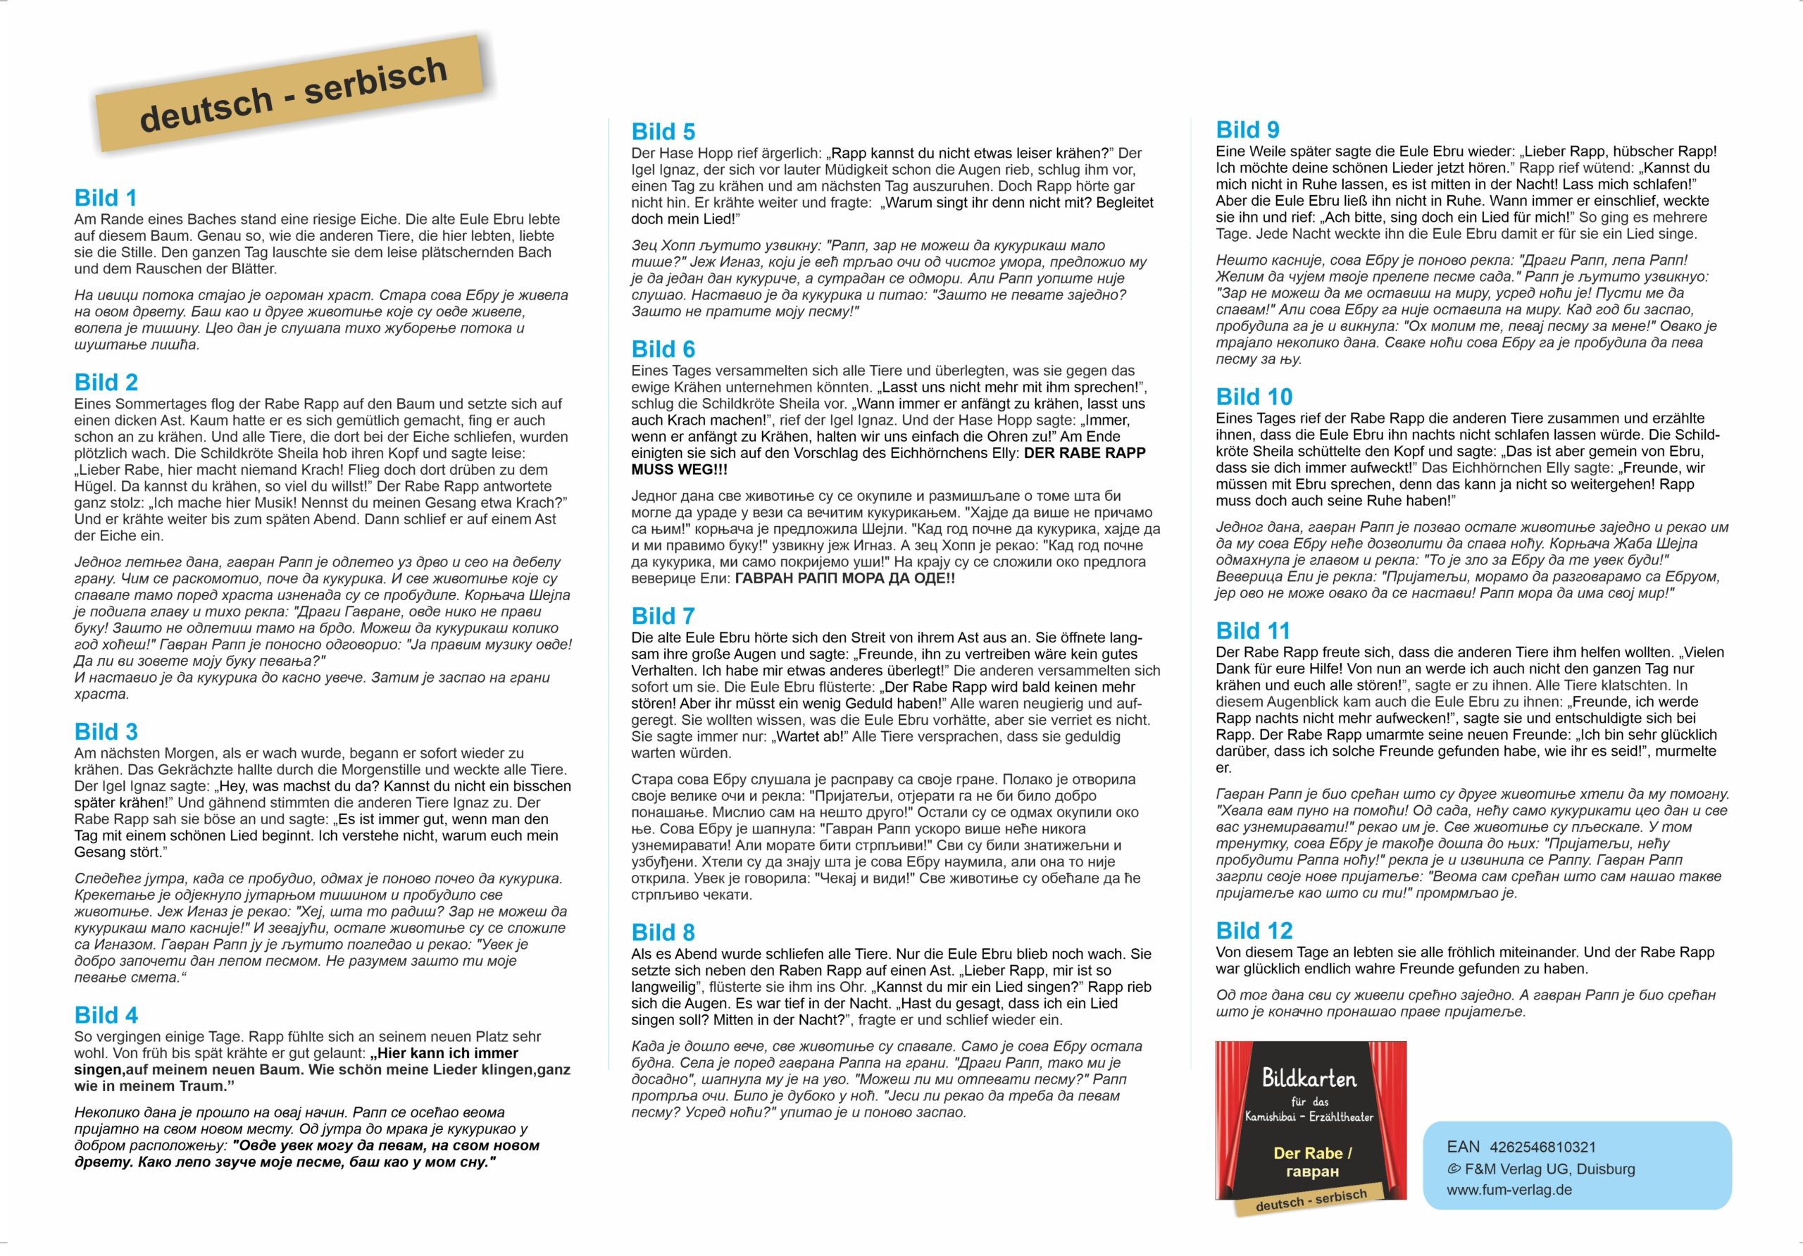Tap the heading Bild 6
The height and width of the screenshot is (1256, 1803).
click(663, 349)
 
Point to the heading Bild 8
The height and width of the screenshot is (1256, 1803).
click(663, 933)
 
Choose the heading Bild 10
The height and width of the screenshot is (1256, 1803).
click(1254, 397)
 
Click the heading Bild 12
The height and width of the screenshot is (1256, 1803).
click(1254, 931)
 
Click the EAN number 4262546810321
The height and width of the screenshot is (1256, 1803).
click(1542, 1147)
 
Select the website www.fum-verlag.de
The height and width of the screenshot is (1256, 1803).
click(1509, 1189)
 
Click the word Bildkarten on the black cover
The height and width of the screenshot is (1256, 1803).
click(1309, 1078)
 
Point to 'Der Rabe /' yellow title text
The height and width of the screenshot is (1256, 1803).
click(1312, 1153)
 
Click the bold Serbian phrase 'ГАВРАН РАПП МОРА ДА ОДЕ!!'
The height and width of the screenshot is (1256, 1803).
click(844, 579)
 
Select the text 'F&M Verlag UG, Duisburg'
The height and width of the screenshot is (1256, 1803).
click(1549, 1169)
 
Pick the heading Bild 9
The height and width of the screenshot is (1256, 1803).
click(1247, 130)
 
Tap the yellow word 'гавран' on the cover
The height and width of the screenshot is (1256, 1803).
click(1312, 1171)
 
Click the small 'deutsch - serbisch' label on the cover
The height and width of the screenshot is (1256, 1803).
click(1311, 1200)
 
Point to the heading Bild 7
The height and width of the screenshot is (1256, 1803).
click(663, 616)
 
